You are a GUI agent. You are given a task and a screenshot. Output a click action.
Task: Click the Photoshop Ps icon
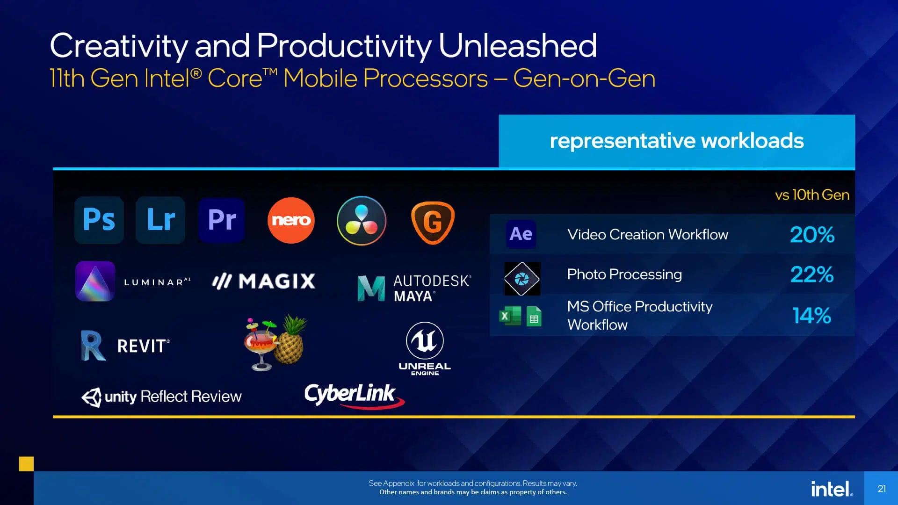(x=99, y=220)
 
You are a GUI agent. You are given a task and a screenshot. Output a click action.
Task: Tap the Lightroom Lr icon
(x=160, y=220)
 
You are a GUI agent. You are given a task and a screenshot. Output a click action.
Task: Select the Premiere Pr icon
(x=222, y=220)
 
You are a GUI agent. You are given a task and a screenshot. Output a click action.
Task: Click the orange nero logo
(x=291, y=220)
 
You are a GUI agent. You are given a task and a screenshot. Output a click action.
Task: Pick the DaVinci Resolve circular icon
(x=362, y=221)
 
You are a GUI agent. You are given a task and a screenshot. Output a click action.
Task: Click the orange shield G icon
(x=433, y=223)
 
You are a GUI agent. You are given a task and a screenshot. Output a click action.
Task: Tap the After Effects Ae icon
(x=521, y=234)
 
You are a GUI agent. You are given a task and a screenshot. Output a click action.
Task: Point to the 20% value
(x=812, y=235)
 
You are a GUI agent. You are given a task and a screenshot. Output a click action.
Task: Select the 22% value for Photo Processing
(x=812, y=274)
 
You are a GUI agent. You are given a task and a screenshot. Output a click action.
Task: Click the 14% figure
(x=812, y=316)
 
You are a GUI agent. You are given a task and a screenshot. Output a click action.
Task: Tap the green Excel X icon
(x=510, y=316)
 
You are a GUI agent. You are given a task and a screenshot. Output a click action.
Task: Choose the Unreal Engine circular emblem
(x=425, y=340)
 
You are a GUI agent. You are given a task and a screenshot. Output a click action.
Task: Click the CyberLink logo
(x=354, y=396)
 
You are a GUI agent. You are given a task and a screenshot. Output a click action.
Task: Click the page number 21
(x=882, y=489)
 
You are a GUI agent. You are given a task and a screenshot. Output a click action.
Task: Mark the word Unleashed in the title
(x=517, y=45)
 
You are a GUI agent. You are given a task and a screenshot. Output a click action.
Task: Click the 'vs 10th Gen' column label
(x=812, y=195)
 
